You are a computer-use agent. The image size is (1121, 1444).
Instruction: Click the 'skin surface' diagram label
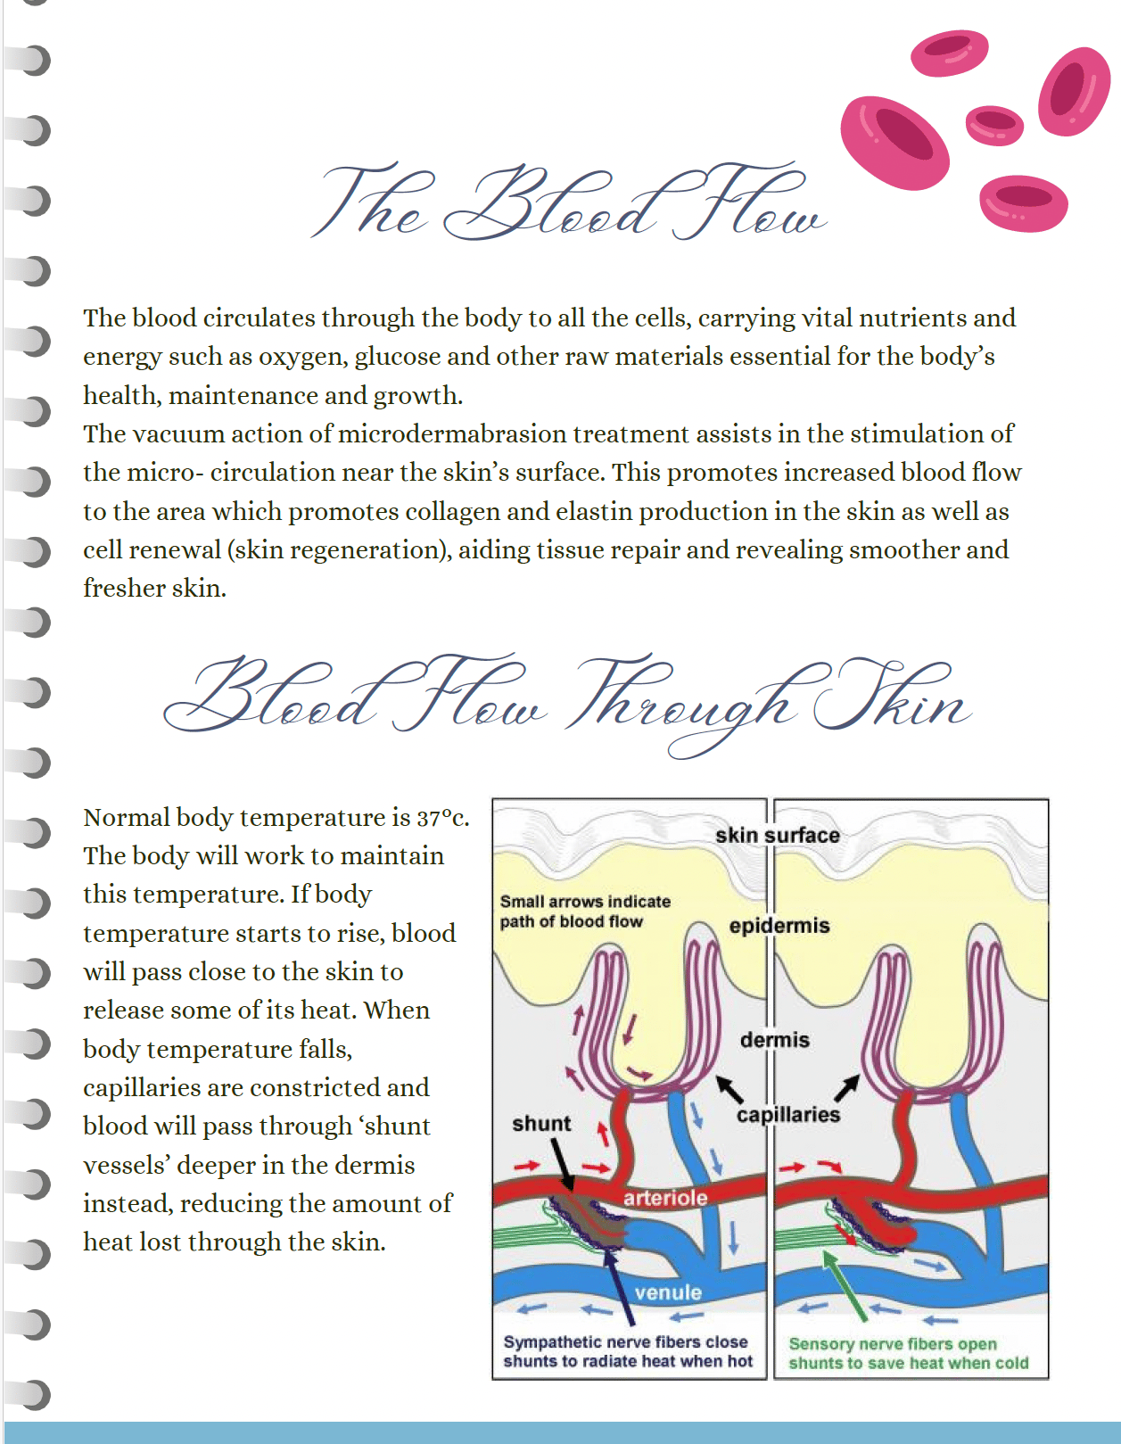pos(777,836)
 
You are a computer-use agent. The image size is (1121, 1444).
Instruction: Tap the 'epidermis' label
pos(779,926)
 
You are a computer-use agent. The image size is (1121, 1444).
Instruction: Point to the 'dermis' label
pos(774,1040)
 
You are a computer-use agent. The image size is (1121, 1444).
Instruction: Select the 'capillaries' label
pos(788,1115)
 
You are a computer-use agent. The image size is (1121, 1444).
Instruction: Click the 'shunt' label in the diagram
pos(541,1124)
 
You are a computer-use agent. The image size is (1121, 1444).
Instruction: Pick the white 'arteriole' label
pos(665,1198)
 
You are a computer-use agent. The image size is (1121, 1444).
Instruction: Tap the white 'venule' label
pos(668,1292)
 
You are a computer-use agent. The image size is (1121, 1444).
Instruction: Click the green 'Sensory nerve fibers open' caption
pos(893,1344)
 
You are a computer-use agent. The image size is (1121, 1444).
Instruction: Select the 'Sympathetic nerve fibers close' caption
pos(625,1342)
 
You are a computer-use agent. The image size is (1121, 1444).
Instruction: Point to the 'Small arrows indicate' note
pos(585,902)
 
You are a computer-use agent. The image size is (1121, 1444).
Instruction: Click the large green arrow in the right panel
pos(844,1285)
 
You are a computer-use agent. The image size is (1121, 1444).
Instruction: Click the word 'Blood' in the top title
pos(551,204)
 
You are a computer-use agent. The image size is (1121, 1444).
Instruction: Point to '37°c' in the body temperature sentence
pos(441,818)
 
